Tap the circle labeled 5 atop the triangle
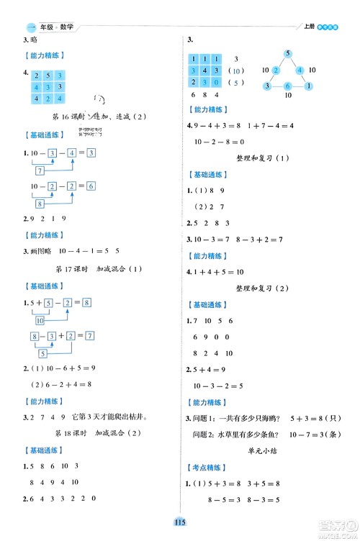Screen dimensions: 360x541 [287, 53]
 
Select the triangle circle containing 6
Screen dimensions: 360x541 [287, 86]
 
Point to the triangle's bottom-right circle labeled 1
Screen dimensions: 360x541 [308, 86]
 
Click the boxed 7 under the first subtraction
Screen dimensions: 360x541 [40, 170]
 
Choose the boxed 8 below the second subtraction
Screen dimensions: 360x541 [40, 204]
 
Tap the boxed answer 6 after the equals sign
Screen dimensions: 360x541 [90, 186]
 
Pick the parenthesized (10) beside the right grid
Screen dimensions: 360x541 [235, 71]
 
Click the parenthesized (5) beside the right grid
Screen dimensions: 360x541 [235, 83]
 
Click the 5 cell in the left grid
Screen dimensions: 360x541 [47, 75]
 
